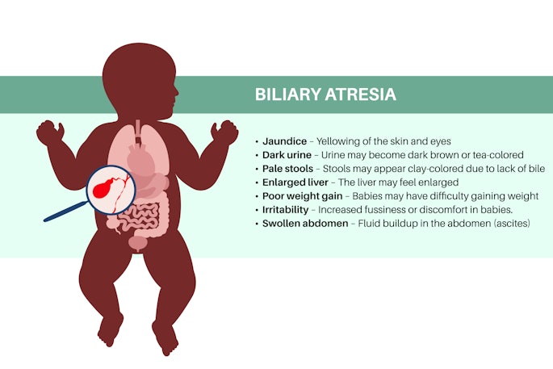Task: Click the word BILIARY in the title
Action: (x=287, y=94)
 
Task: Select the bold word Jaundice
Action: (x=285, y=141)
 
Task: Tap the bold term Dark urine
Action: (x=288, y=155)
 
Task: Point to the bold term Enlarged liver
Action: (x=295, y=182)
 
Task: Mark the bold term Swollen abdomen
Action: (x=301, y=223)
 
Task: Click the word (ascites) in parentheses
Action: (x=507, y=223)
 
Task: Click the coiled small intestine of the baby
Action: (x=145, y=218)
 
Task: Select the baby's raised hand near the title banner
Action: (x=225, y=131)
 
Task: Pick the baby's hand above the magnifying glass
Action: (x=50, y=132)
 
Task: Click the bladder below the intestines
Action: (x=140, y=241)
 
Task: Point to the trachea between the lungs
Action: (x=138, y=129)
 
